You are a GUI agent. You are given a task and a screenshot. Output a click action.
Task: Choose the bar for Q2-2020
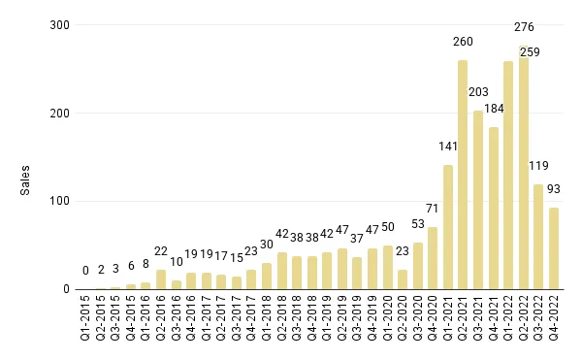coord(403,279)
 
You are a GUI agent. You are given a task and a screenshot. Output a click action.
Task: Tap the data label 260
coord(463,42)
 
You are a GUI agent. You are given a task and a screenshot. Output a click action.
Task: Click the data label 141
coord(447,147)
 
